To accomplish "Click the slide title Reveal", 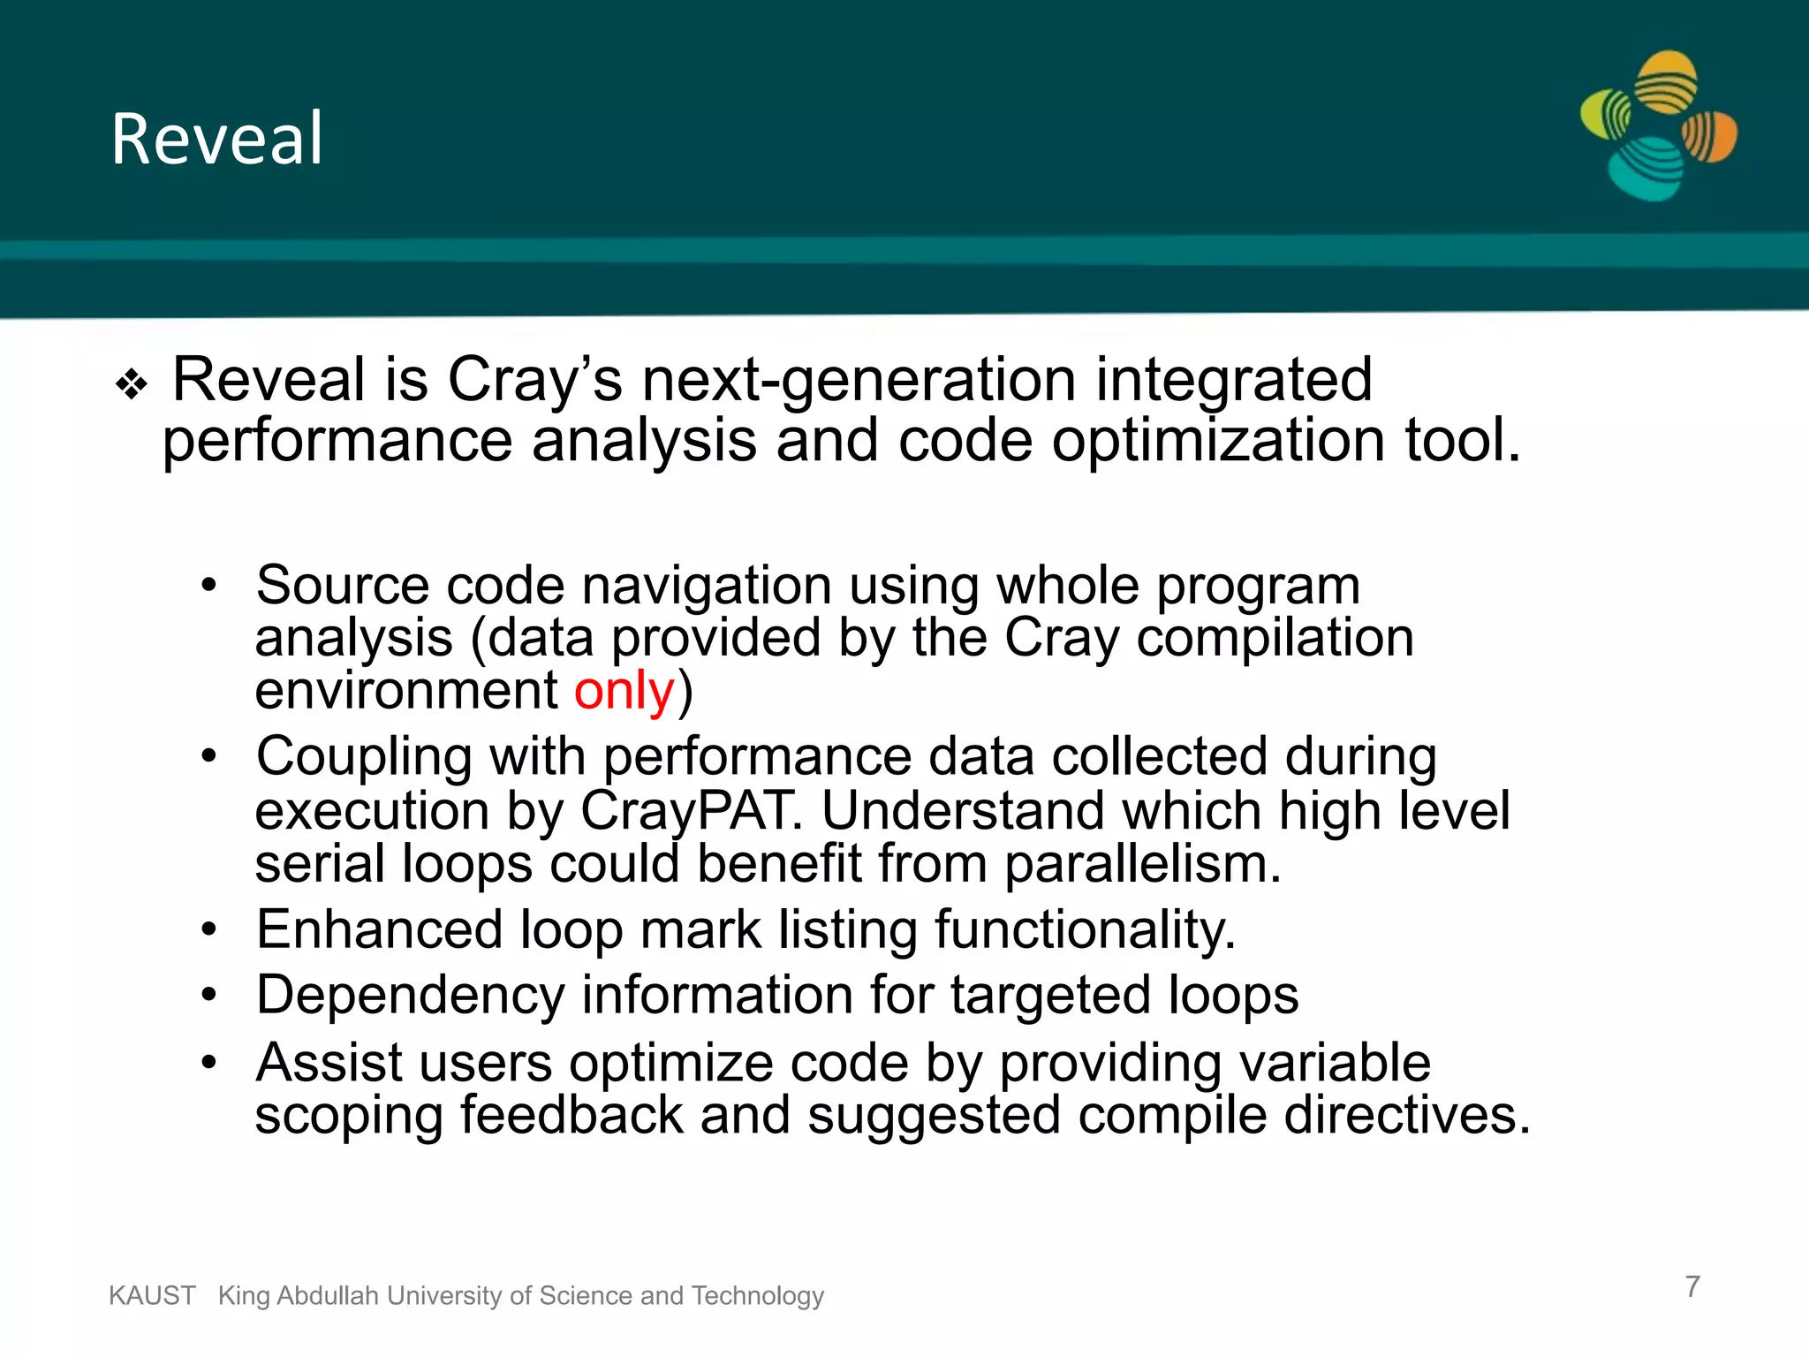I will (x=217, y=139).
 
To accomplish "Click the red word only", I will (x=624, y=691).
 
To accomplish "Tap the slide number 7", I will (x=1692, y=1286).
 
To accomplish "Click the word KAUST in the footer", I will (x=152, y=1295).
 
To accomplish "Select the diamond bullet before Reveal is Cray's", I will (x=132, y=385).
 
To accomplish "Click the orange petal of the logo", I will (x=1710, y=137).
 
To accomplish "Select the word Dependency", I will (x=410, y=996).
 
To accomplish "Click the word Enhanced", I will (x=379, y=929).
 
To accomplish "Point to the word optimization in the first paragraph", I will (x=1218, y=441).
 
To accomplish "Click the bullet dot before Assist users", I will (x=208, y=1062).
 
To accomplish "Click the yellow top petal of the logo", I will (x=1666, y=81).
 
